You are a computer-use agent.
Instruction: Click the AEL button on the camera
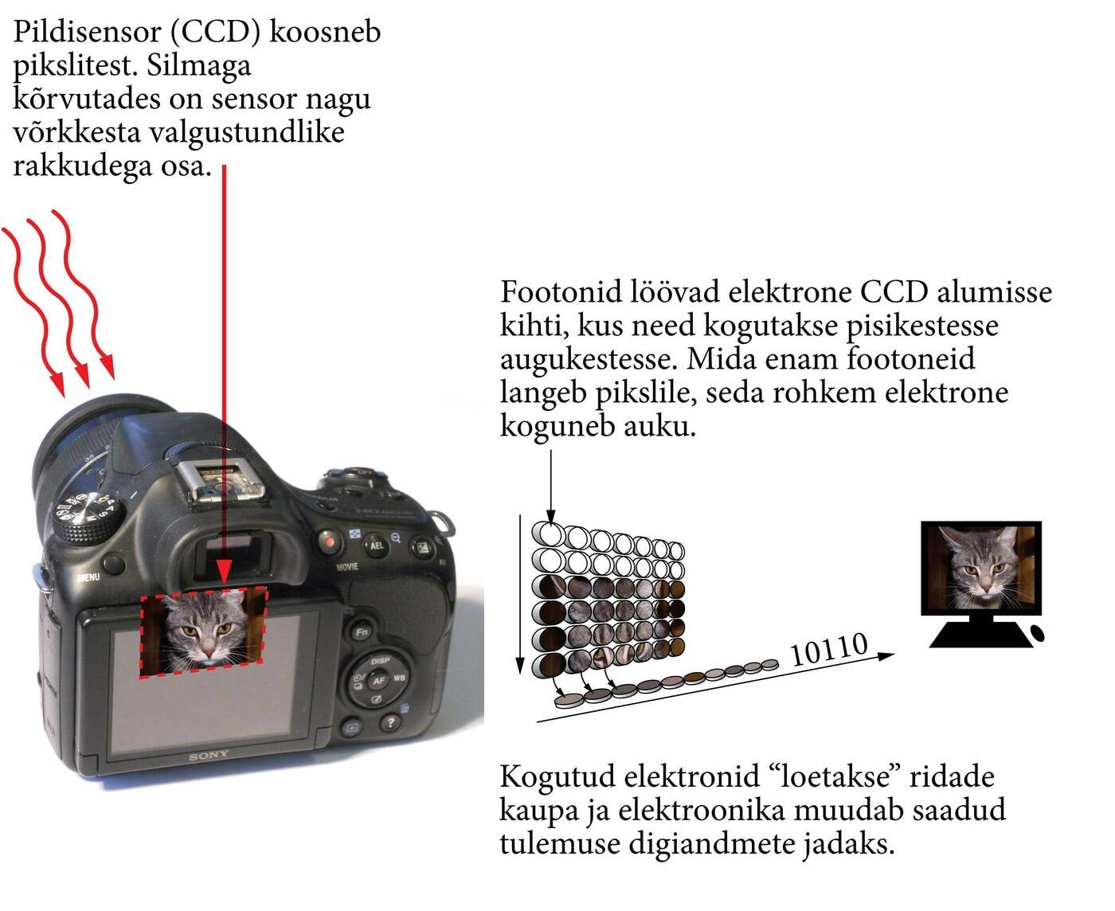[376, 545]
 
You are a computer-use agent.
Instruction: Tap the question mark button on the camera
[389, 722]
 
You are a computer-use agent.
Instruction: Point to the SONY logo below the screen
[209, 754]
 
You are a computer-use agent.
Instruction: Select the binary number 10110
[828, 650]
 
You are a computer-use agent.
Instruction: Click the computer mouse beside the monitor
[1038, 634]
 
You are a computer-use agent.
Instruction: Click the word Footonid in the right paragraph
[561, 292]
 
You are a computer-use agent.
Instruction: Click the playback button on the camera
[351, 726]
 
